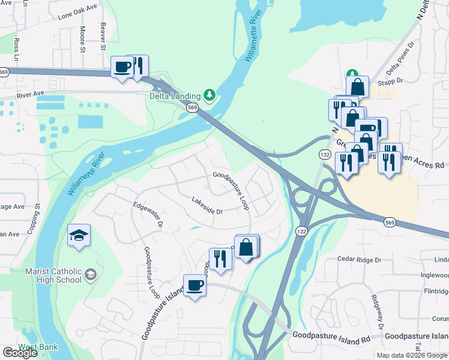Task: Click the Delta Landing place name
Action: (x=175, y=95)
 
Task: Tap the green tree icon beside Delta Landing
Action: (x=209, y=95)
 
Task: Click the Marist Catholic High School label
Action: (x=53, y=275)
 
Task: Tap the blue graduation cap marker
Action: (x=79, y=236)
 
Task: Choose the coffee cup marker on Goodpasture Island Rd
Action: (x=194, y=286)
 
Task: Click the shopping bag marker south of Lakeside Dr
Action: (x=246, y=247)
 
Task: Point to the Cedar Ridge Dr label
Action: (x=359, y=260)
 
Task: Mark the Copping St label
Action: (x=37, y=214)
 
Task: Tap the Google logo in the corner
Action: (x=20, y=353)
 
